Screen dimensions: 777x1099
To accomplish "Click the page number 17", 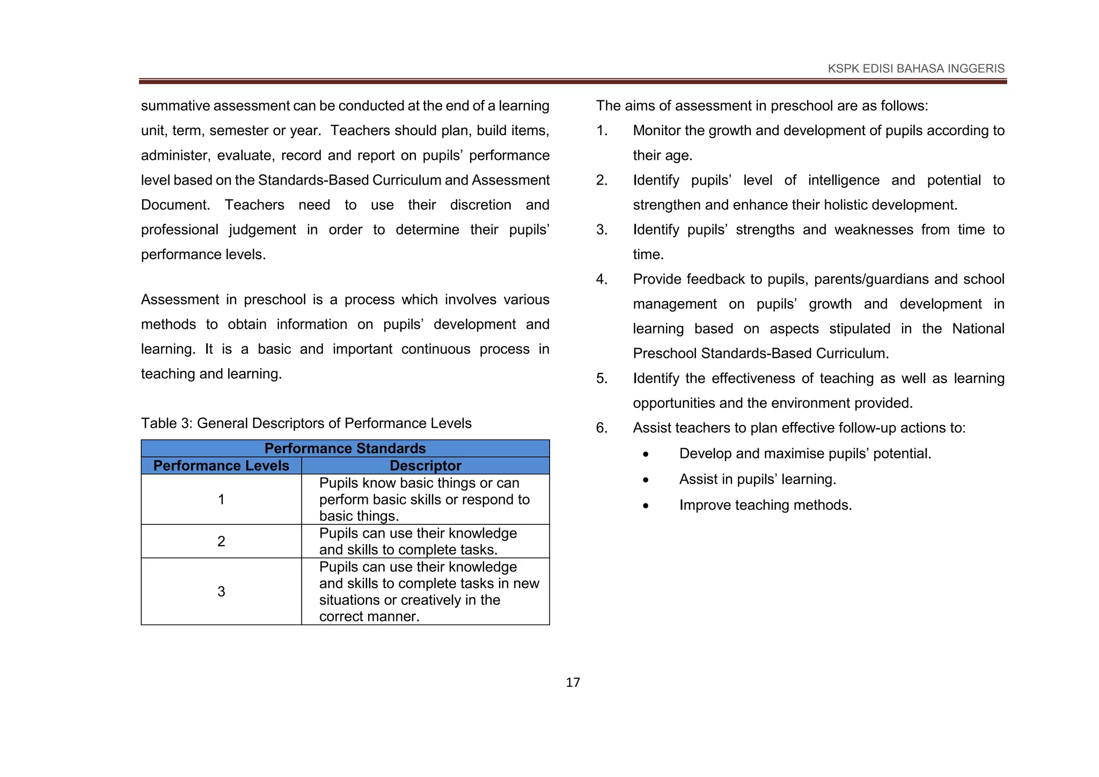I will click(x=573, y=683).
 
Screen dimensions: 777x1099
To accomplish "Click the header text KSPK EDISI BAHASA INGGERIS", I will click(x=916, y=69).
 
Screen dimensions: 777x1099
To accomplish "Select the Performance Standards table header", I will click(x=345, y=449).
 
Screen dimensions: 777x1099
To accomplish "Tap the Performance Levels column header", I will click(x=221, y=466).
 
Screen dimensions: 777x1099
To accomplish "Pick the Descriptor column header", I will click(x=425, y=466).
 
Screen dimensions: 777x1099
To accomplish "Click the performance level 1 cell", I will click(x=221, y=500).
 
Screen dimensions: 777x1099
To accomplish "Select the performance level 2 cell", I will click(x=221, y=541).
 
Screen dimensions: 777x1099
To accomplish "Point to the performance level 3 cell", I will click(x=221, y=591).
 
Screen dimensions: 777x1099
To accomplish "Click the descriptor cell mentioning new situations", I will click(x=428, y=591).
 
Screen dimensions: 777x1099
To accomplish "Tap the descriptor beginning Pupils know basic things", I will click(x=424, y=500).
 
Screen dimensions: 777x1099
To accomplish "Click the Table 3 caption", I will click(x=306, y=423).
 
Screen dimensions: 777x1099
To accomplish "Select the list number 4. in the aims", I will click(x=602, y=280).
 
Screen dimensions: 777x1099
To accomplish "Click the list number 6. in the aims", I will click(x=602, y=428).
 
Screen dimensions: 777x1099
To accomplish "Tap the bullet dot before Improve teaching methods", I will click(x=646, y=506).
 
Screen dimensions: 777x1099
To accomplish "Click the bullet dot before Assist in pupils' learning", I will click(x=646, y=480).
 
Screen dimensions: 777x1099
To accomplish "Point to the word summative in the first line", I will click(x=175, y=106).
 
